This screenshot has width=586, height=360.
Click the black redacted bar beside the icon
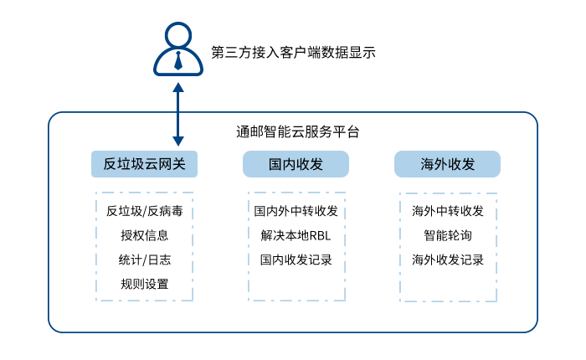(x=293, y=52)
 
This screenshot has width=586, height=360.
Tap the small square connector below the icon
(x=177, y=87)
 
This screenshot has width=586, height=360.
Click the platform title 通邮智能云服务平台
(x=298, y=131)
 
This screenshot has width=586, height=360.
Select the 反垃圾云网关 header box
(x=144, y=164)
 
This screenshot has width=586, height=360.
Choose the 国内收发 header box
(x=296, y=164)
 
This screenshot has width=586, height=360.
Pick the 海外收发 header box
(x=447, y=164)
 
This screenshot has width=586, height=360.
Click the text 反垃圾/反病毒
(x=144, y=210)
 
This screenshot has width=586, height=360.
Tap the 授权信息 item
(x=144, y=235)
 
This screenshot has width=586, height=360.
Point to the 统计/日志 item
(x=144, y=260)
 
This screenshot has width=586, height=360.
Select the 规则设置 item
(x=144, y=285)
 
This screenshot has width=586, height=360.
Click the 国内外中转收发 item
(x=296, y=210)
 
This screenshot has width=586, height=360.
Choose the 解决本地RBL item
(x=296, y=235)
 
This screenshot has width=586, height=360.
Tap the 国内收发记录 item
(x=296, y=260)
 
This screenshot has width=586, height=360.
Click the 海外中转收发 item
(x=447, y=210)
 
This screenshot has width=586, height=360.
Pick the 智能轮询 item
(x=447, y=235)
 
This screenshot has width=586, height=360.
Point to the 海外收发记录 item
(x=447, y=260)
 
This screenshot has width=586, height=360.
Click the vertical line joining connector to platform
(x=177, y=102)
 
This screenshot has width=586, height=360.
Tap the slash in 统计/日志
(x=144, y=260)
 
